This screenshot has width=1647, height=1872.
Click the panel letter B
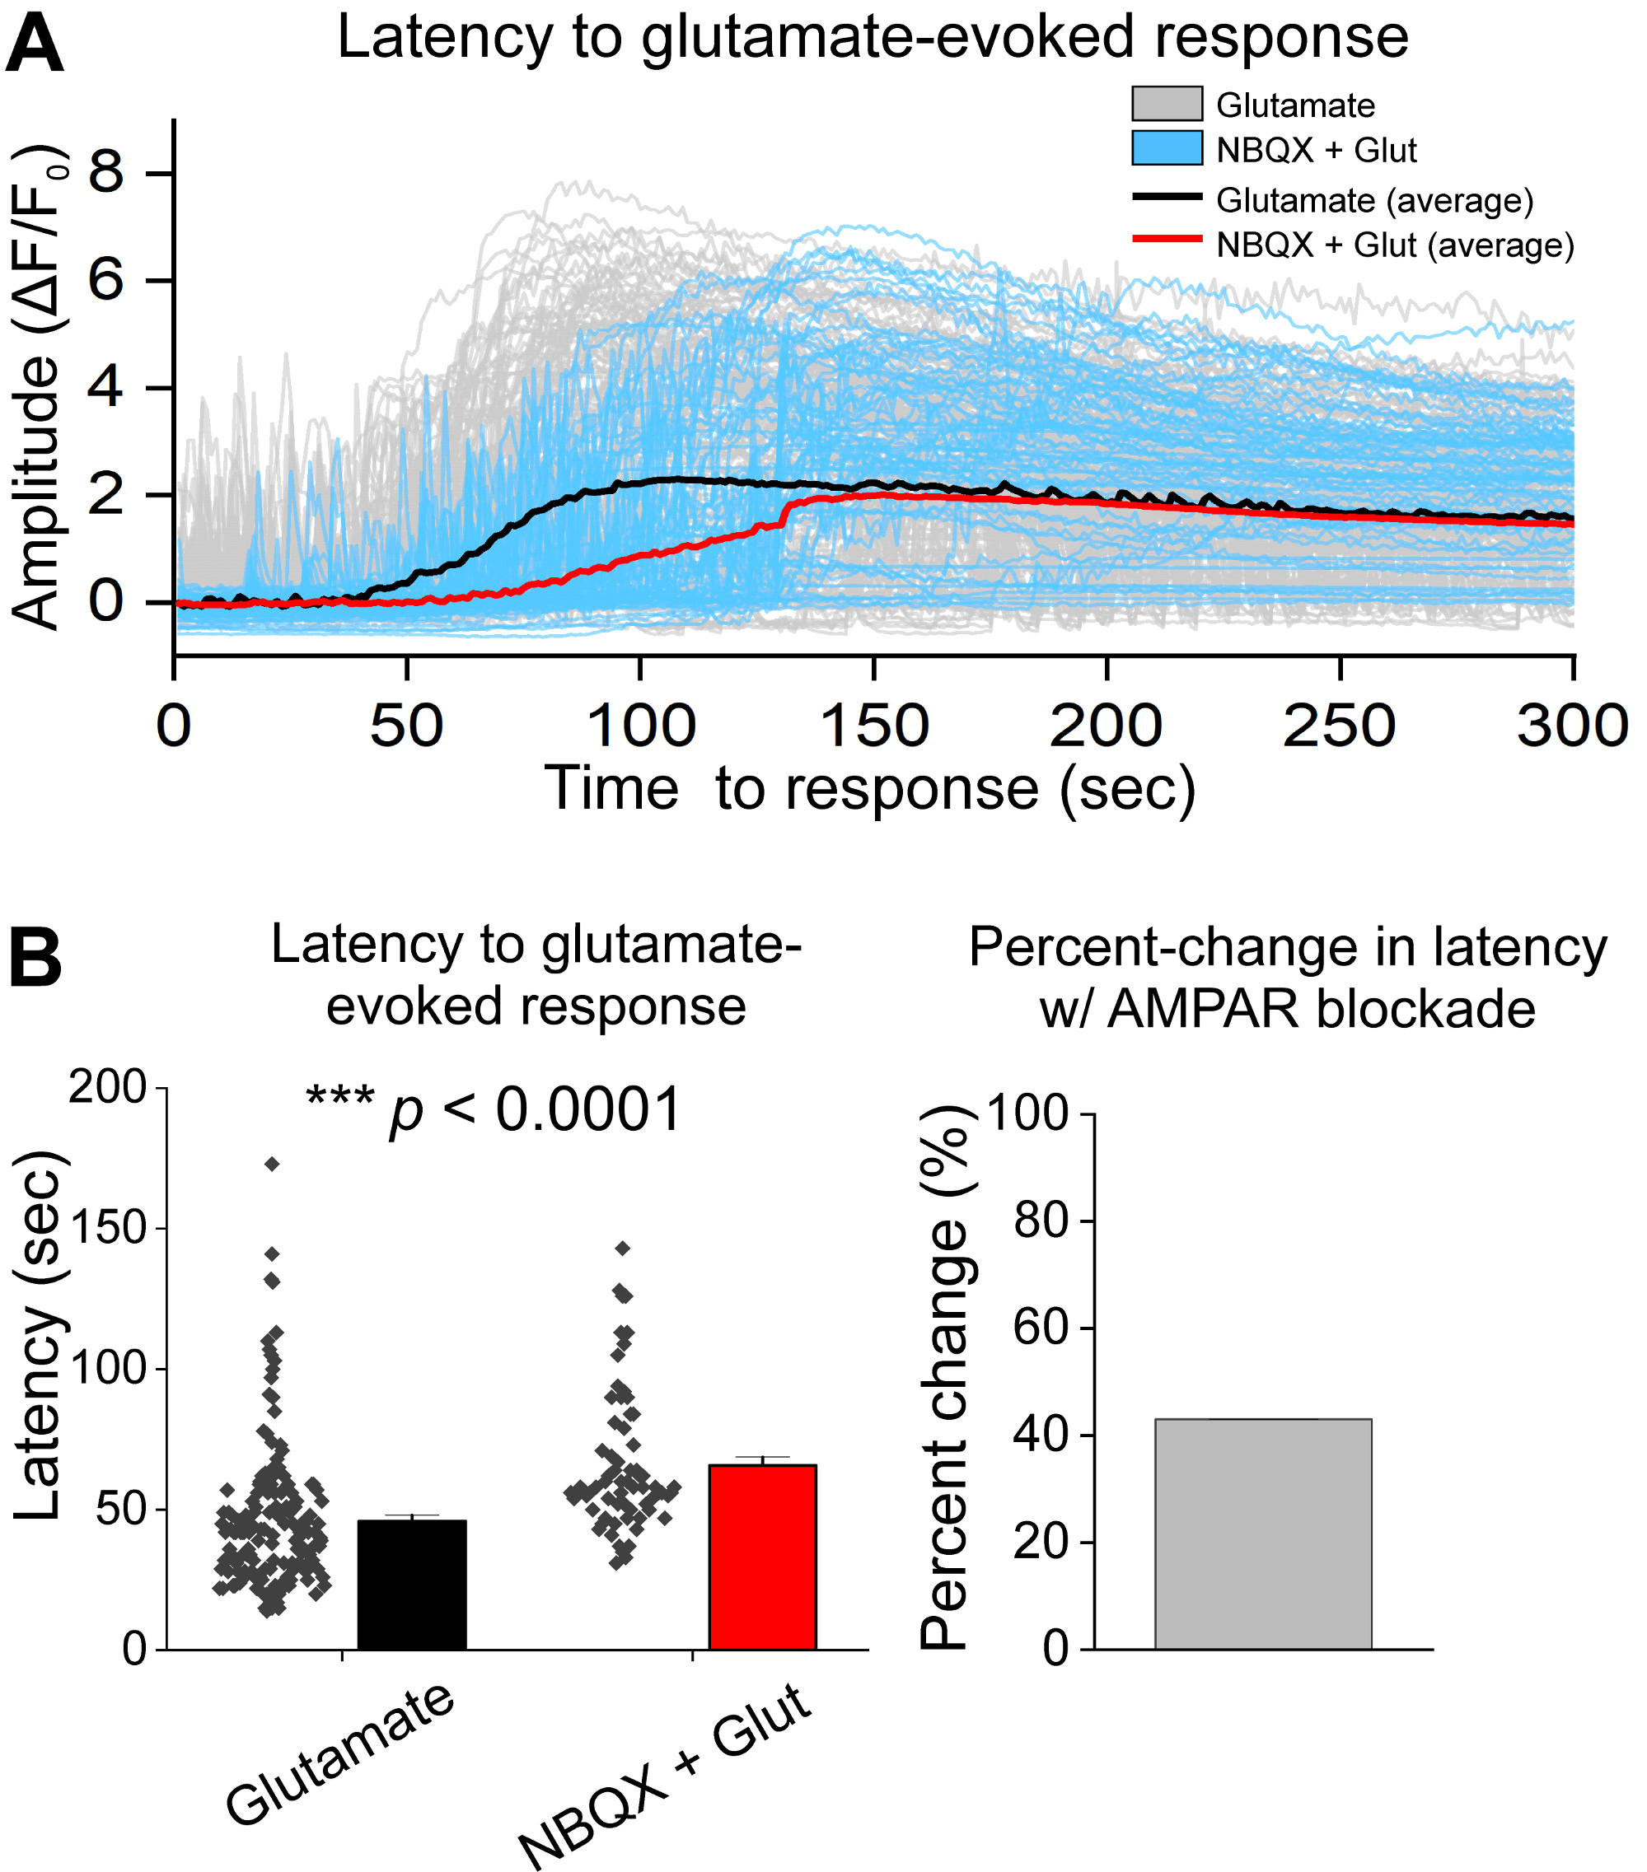click(x=35, y=958)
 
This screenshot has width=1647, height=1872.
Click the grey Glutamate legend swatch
click(x=1166, y=104)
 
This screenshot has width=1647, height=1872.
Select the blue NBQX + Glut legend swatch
click(x=1166, y=148)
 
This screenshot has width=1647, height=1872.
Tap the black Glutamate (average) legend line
click(x=1166, y=196)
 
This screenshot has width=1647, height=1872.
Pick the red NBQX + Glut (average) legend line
click(x=1166, y=240)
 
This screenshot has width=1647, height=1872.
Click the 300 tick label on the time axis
click(x=1572, y=726)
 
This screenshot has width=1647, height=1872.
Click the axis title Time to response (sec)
click(x=870, y=788)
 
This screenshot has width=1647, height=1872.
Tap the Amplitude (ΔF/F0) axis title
click(x=36, y=386)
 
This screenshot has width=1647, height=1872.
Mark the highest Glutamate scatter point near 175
click(x=272, y=1164)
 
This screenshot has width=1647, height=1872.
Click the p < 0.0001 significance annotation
click(x=494, y=1111)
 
